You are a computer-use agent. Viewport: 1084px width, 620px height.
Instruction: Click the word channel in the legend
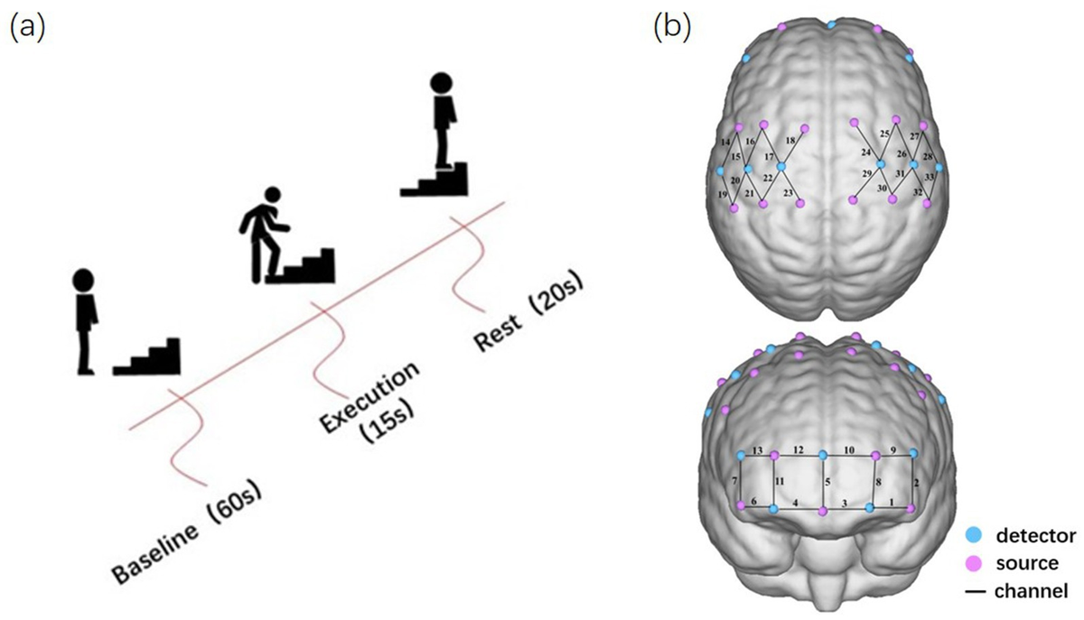click(1032, 591)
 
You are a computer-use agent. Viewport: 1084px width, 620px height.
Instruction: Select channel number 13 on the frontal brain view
click(758, 449)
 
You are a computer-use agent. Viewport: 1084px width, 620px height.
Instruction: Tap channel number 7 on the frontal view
click(735, 481)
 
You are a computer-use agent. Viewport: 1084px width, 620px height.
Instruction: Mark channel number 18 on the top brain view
click(790, 142)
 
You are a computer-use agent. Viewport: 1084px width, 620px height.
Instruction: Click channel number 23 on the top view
click(789, 193)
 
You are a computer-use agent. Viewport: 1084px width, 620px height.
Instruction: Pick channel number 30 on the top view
click(882, 188)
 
